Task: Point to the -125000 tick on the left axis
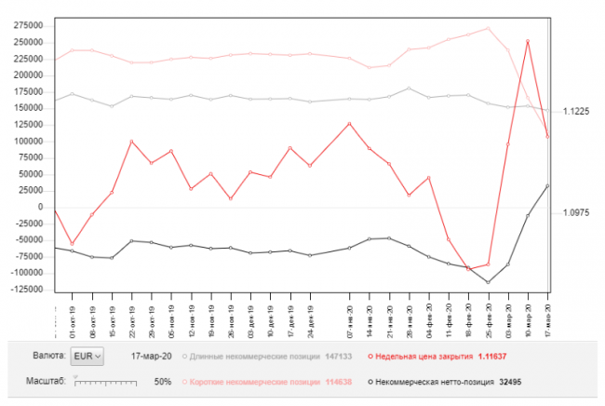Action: tap(27, 290)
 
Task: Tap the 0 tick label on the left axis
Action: tap(42, 207)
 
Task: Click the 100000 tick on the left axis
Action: tap(29, 141)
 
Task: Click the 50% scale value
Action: tap(161, 382)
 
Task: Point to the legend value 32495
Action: tap(511, 382)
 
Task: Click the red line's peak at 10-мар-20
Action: tap(529, 41)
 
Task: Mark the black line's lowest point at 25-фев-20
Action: tap(488, 282)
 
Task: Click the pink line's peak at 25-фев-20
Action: tap(489, 28)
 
